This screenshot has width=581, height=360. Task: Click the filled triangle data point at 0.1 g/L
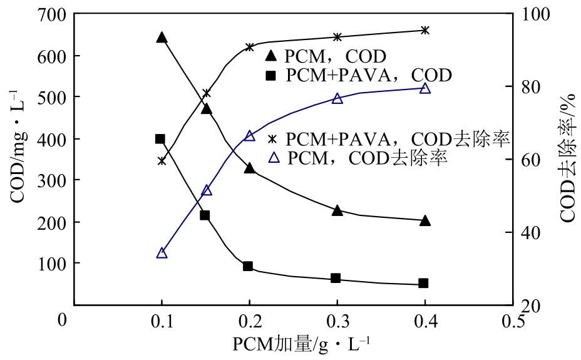pyautogui.click(x=162, y=38)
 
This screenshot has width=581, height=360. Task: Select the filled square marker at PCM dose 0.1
pyautogui.click(x=160, y=139)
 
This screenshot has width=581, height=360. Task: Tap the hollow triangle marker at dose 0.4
pyautogui.click(x=425, y=88)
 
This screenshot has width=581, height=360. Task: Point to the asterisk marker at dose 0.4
pyautogui.click(x=425, y=30)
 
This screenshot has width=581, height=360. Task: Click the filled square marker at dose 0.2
pyautogui.click(x=248, y=266)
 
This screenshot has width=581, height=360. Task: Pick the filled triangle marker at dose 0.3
pyautogui.click(x=337, y=210)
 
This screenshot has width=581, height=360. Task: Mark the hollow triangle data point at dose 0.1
pyautogui.click(x=162, y=253)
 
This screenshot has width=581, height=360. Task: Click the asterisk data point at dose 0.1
pyautogui.click(x=162, y=161)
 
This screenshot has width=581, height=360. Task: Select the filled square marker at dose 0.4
pyautogui.click(x=423, y=283)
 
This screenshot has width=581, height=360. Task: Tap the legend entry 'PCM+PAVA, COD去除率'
pyautogui.click(x=388, y=138)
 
